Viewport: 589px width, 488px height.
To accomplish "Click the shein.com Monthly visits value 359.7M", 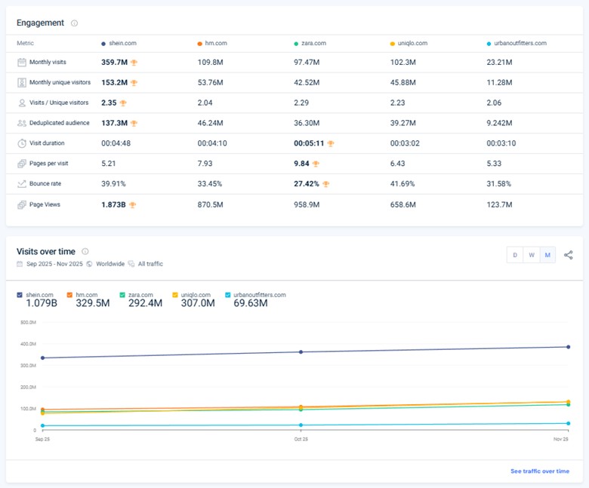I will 113,63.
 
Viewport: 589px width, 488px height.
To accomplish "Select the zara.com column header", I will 313,44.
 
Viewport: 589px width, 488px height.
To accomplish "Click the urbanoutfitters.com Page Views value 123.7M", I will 499,204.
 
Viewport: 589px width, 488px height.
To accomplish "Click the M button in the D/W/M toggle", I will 547,255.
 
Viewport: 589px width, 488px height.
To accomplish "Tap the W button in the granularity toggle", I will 532,255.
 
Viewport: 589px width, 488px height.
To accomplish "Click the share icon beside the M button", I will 569,255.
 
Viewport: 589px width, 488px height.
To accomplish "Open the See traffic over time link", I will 539,471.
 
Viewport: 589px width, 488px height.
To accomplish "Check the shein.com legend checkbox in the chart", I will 20,295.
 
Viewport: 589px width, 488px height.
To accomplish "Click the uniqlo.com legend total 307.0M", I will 197,303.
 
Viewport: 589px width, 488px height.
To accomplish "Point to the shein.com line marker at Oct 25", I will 301,351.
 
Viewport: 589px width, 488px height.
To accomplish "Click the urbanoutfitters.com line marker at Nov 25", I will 568,423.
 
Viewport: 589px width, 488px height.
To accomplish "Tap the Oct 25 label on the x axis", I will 301,437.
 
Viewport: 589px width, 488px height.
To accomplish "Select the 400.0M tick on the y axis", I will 28,344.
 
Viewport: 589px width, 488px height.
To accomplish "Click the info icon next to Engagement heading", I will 74,23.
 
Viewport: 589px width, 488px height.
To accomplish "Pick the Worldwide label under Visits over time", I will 109,264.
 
